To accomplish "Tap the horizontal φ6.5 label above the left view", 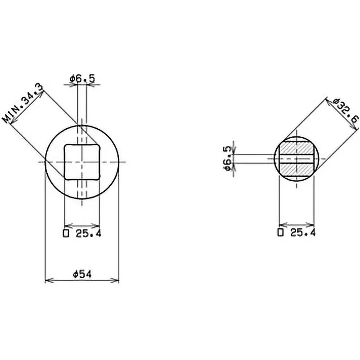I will pos(82,79).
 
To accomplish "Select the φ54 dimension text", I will pos(82,274).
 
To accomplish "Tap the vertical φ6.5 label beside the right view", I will pos(228,158).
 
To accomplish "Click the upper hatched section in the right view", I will pos(296,148).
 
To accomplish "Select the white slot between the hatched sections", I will pos(296,158).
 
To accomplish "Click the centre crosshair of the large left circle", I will pos(82,161).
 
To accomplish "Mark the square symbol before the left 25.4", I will pos(66,233).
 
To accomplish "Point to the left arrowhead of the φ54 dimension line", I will pos(47,280).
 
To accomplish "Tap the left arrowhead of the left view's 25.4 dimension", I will pos(67,225).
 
